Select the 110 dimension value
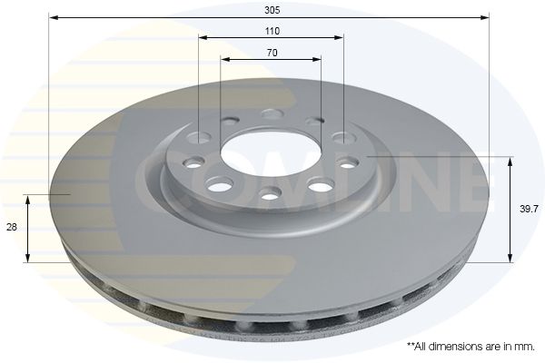coord(272,30)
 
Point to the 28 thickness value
coord(12,229)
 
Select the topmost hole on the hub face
coord(270,113)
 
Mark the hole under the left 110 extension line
coord(199,138)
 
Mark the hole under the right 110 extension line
coord(343,138)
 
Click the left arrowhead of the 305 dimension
coord(53,16)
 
